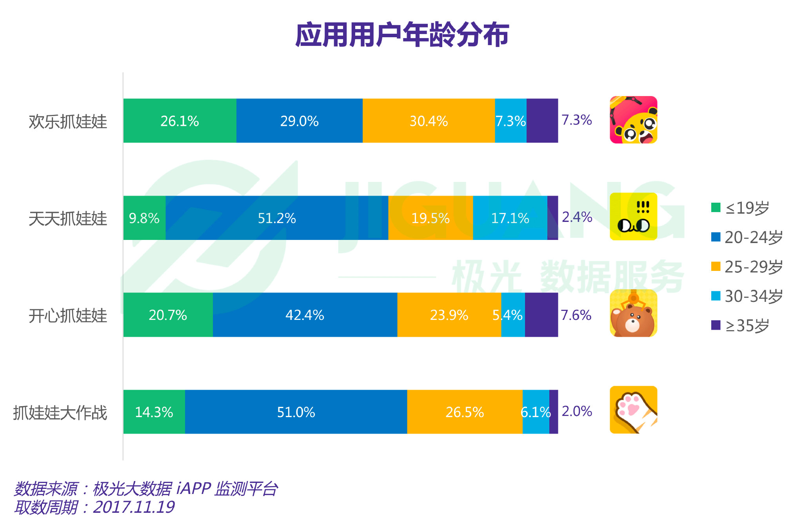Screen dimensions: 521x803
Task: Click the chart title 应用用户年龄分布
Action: pyautogui.click(x=402, y=35)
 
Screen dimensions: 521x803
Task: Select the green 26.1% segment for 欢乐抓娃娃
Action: pyautogui.click(x=180, y=121)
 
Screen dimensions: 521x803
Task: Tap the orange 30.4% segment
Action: pyautogui.click(x=429, y=121)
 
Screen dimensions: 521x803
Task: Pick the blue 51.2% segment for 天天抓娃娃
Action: pyautogui.click(x=277, y=218)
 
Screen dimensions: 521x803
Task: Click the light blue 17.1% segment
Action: pyautogui.click(x=510, y=218)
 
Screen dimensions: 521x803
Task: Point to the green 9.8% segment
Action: pyautogui.click(x=144, y=218)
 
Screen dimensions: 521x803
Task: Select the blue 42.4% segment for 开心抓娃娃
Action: pyautogui.click(x=305, y=315)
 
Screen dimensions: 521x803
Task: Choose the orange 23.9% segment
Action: pyautogui.click(x=449, y=315)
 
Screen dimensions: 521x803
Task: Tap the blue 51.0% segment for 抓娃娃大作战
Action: pyautogui.click(x=296, y=412)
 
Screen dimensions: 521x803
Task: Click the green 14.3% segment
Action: pyautogui.click(x=154, y=412)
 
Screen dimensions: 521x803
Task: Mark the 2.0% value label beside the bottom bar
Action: pyautogui.click(x=577, y=411)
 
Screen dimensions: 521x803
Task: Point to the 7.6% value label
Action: pyautogui.click(x=576, y=315)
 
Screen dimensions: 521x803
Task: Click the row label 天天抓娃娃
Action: pyautogui.click(x=68, y=218)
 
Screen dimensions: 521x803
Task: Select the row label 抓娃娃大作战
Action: pyautogui.click(x=60, y=413)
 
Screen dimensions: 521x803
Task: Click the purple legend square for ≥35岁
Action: pyautogui.click(x=716, y=325)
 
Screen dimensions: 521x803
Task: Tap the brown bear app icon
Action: pyautogui.click(x=633, y=313)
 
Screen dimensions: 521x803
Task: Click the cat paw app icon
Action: pyautogui.click(x=633, y=410)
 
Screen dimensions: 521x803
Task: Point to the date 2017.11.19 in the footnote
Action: pyautogui.click(x=134, y=507)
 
